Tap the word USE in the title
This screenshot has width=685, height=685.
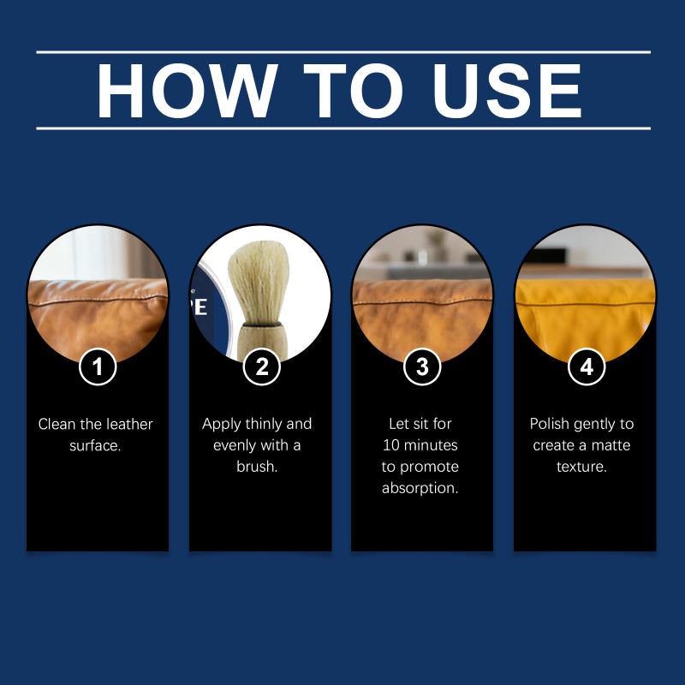pyautogui.click(x=506, y=91)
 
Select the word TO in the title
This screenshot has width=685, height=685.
pyautogui.click(x=353, y=91)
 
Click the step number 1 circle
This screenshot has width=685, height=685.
pyautogui.click(x=98, y=366)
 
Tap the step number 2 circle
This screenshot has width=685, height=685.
pyautogui.click(x=261, y=366)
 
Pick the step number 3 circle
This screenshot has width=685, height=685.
pyautogui.click(x=422, y=366)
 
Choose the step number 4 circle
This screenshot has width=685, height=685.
pyautogui.click(x=587, y=366)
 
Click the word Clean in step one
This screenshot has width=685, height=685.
pyautogui.click(x=57, y=424)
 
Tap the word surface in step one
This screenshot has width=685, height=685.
pyautogui.click(x=95, y=445)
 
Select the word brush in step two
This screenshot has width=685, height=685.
pyautogui.click(x=257, y=467)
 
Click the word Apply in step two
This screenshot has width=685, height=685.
pyautogui.click(x=222, y=424)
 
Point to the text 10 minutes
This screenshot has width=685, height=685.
pyautogui.click(x=420, y=445)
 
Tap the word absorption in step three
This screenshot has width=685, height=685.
pyautogui.click(x=420, y=488)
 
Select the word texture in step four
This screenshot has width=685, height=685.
pyautogui.click(x=581, y=467)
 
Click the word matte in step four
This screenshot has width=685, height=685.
pyautogui.click(x=611, y=445)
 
